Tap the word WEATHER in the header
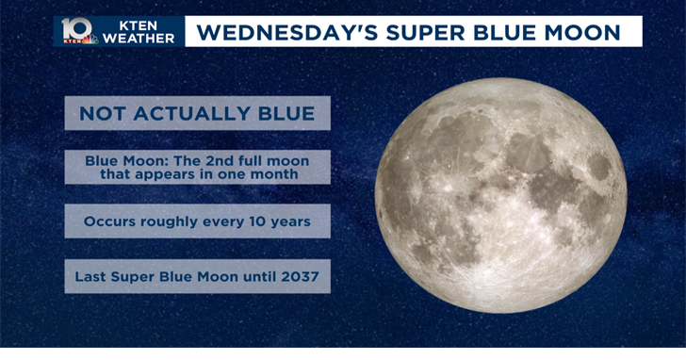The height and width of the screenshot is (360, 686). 139,39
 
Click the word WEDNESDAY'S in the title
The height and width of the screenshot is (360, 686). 279,33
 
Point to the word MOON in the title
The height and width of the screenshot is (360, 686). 586,33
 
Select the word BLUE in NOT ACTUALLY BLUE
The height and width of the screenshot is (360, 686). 286,114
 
